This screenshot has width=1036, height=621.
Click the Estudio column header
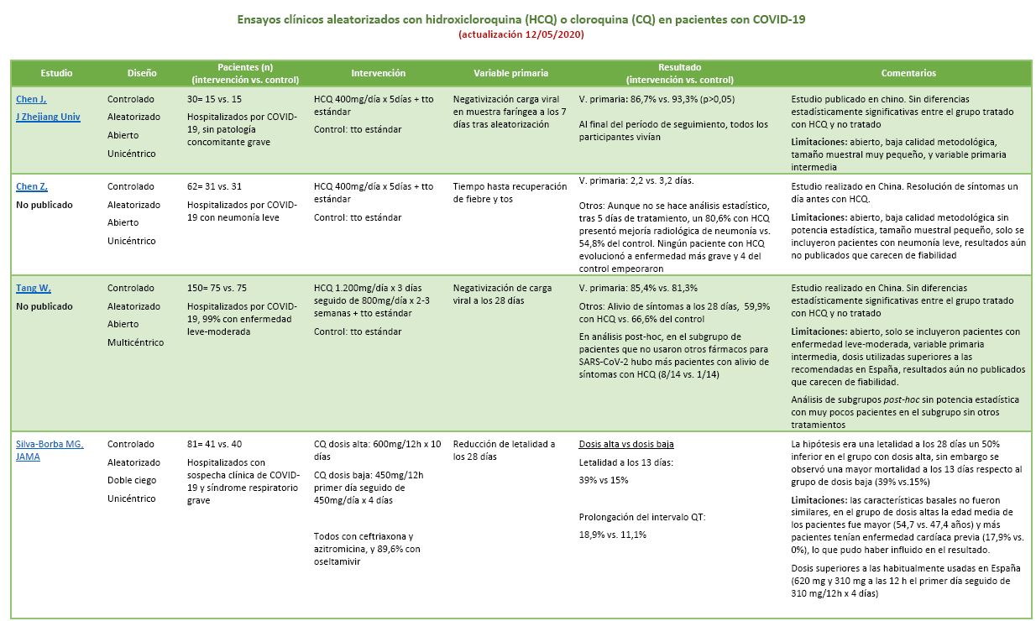point(56,73)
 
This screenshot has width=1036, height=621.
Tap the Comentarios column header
point(908,73)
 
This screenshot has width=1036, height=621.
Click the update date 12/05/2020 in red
point(550,34)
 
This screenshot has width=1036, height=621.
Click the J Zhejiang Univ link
point(48,117)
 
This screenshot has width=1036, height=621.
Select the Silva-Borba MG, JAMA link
point(49,451)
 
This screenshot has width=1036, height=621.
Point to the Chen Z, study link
point(32,186)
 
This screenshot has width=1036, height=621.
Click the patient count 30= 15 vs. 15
point(220,99)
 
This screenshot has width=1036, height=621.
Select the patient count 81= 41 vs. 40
point(220,444)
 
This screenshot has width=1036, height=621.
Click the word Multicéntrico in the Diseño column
point(136,342)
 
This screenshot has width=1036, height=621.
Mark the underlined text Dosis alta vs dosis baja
point(626,444)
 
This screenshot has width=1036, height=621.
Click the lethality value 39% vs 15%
point(604,480)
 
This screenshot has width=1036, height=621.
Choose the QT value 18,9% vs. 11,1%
point(613,535)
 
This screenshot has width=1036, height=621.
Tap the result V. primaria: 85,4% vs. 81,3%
point(638,288)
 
